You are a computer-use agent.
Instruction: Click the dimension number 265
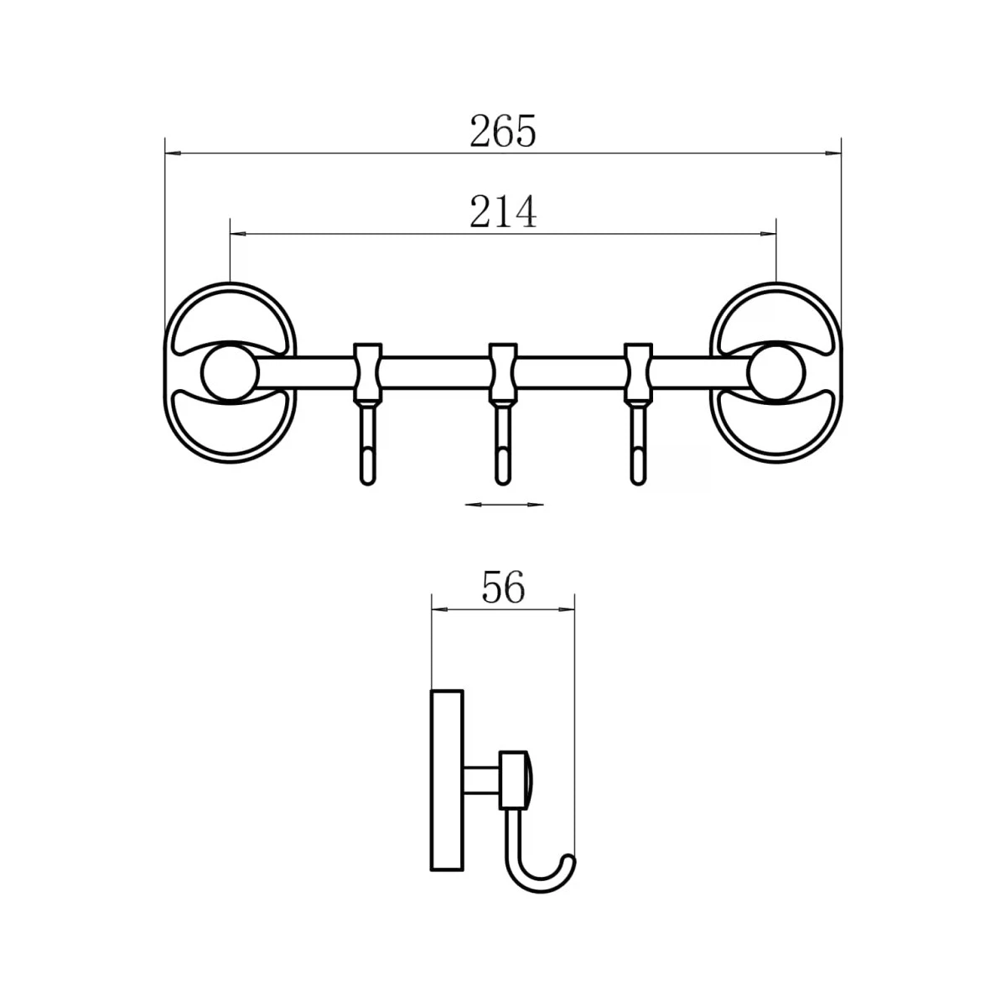click(502, 131)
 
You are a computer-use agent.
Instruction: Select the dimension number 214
click(503, 211)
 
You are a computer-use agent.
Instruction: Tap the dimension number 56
click(503, 588)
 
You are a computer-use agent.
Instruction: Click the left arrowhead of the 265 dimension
click(173, 153)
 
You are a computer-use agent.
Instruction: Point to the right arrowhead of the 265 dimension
click(833, 153)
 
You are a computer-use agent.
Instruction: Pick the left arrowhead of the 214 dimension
click(238, 234)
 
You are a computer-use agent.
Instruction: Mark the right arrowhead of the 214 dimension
click(768, 234)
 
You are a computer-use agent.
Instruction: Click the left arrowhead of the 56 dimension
click(439, 609)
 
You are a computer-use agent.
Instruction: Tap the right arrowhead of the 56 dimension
click(567, 609)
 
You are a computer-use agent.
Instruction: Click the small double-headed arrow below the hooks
click(504, 505)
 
